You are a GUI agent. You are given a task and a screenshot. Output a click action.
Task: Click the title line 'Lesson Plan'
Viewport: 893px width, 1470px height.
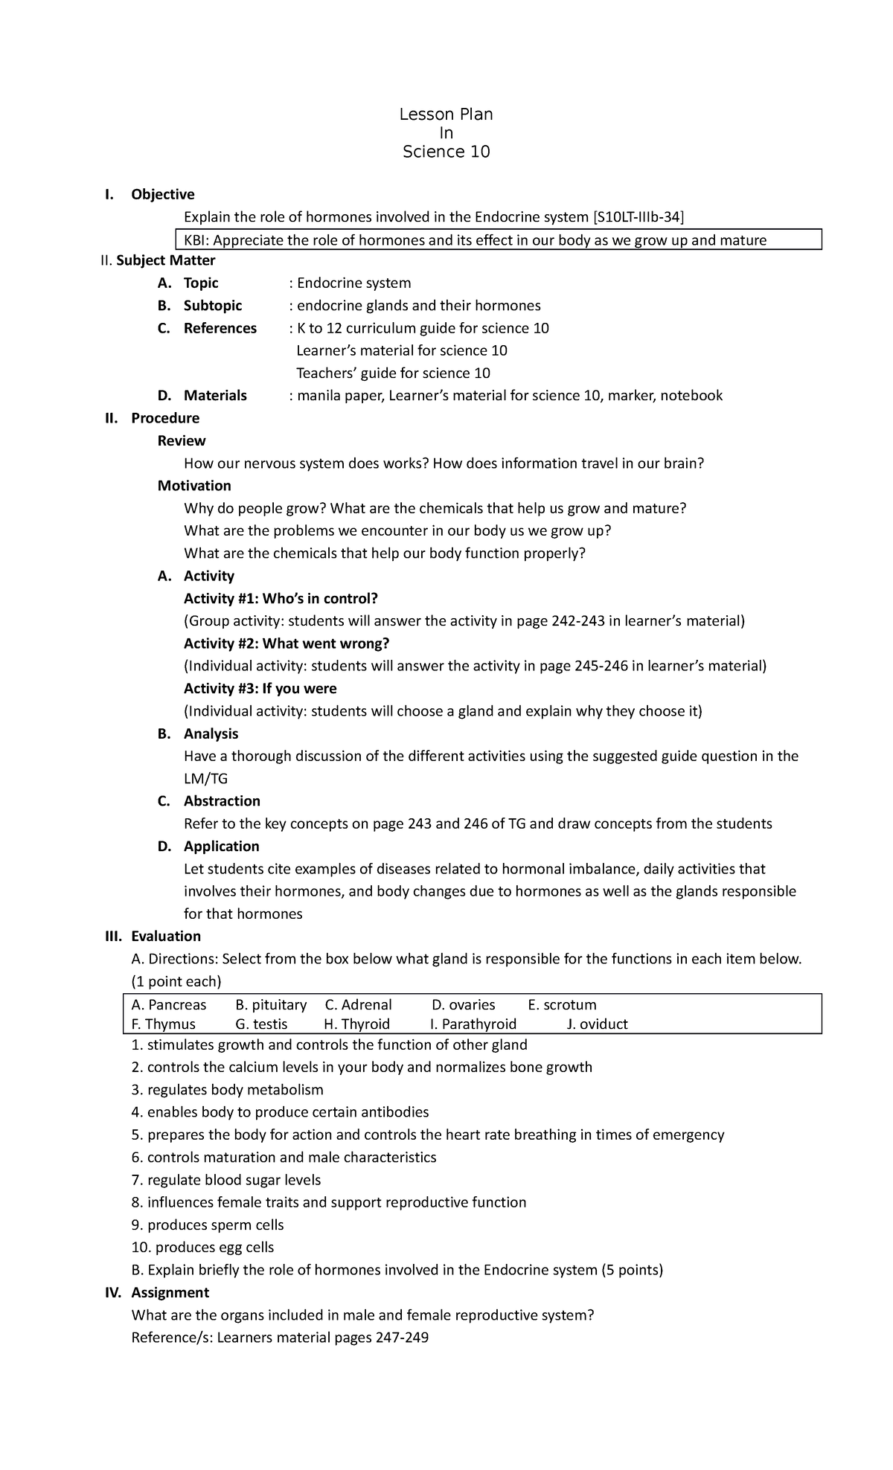point(446,114)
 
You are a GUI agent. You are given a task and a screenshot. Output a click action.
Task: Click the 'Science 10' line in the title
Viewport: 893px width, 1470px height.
point(446,152)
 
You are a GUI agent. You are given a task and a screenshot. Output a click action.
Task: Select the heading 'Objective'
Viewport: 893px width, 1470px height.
point(162,194)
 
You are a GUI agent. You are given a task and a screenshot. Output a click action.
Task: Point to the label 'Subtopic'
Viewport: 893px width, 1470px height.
point(213,306)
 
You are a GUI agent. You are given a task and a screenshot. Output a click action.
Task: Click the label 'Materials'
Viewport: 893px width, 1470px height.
point(215,396)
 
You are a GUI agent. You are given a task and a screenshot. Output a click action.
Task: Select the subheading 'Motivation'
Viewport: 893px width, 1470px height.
point(194,486)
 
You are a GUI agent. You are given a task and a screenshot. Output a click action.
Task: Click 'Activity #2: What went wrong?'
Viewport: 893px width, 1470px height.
point(287,643)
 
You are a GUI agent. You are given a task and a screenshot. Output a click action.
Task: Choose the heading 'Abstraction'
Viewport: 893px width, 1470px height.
point(222,801)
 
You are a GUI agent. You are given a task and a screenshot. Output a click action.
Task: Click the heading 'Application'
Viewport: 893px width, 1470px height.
point(221,847)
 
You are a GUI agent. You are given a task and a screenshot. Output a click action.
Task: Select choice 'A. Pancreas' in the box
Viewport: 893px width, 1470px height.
point(168,1005)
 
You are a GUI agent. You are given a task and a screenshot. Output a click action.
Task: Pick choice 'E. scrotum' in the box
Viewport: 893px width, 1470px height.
point(562,1005)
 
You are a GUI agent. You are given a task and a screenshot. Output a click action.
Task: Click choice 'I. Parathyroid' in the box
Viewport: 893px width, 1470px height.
point(473,1024)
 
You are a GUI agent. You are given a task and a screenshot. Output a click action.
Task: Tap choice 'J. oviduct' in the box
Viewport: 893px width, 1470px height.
point(597,1024)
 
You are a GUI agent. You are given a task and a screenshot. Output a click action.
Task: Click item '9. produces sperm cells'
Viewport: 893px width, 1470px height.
point(208,1225)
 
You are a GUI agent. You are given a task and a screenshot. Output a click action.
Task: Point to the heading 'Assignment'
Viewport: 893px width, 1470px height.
point(170,1292)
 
